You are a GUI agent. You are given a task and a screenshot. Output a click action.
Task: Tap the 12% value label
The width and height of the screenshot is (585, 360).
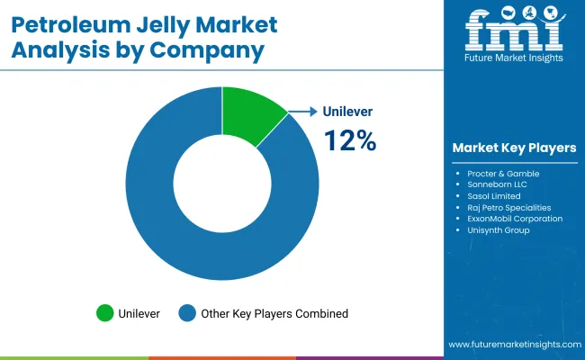tap(349, 140)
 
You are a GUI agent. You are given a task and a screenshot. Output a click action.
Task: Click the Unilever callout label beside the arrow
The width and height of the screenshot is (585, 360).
tap(347, 112)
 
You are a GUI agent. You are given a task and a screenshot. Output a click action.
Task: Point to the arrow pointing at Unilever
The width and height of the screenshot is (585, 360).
tap(304, 112)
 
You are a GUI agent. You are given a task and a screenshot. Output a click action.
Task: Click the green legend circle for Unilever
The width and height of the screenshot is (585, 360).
tap(106, 313)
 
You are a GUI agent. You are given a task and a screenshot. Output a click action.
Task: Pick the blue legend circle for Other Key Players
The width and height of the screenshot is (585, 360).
tap(188, 313)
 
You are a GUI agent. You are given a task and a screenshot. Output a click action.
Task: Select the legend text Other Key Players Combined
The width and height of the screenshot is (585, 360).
tap(275, 313)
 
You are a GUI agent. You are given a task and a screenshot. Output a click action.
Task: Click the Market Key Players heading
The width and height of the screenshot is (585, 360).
tap(515, 148)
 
